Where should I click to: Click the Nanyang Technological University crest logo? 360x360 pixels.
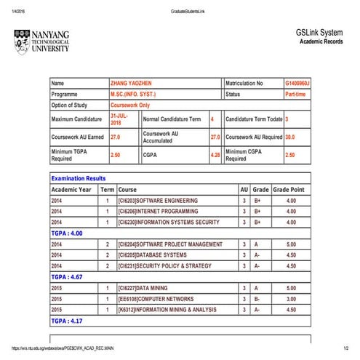point(21,42)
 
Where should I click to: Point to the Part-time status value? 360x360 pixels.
point(295,95)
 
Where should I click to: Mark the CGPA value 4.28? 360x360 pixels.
point(215,155)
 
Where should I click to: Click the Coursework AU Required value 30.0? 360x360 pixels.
point(290,137)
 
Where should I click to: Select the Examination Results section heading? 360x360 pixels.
point(79,178)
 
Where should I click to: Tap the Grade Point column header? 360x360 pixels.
point(291,189)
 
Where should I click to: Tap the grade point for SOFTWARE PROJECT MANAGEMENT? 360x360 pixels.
point(291,244)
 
